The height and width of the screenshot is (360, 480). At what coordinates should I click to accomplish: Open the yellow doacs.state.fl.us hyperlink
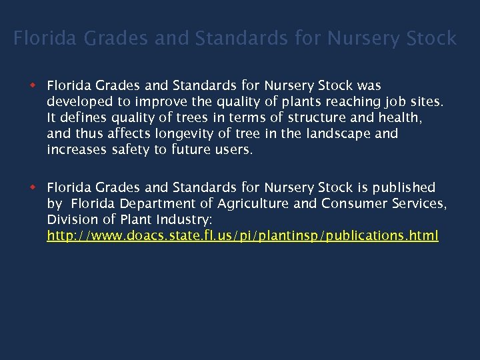click(x=243, y=235)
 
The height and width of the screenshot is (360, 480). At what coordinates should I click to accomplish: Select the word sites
click(x=425, y=102)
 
